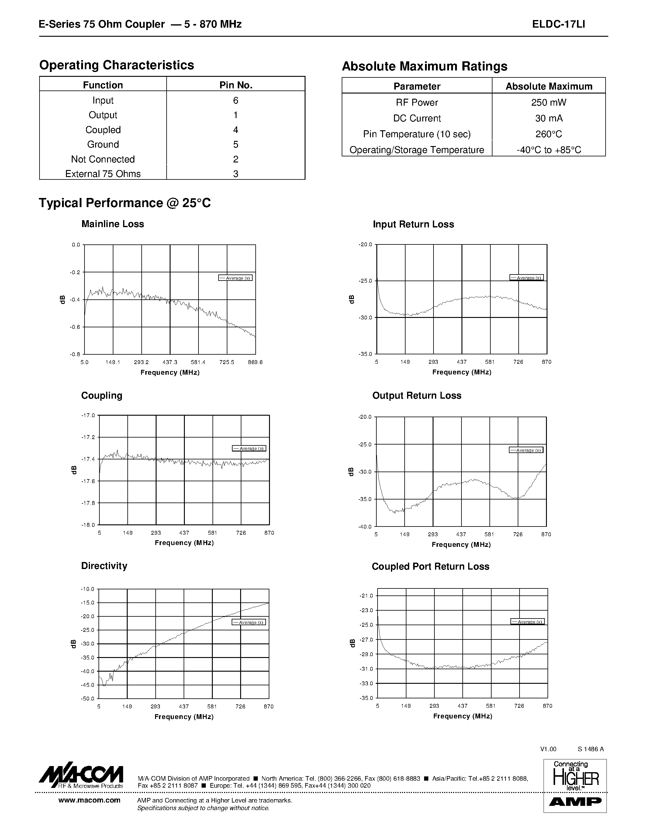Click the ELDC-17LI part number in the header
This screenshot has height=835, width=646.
[x=558, y=25]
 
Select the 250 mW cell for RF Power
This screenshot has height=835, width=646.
[x=548, y=102]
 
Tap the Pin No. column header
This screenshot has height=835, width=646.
[x=236, y=85]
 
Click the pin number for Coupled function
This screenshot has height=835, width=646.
[x=236, y=130]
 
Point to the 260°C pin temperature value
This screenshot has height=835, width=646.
[x=548, y=134]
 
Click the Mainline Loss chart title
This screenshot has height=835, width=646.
[x=112, y=224]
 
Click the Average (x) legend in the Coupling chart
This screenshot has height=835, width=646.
[x=249, y=448]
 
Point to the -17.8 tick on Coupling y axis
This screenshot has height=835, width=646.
[x=88, y=503]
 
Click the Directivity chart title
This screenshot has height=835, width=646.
[x=104, y=566]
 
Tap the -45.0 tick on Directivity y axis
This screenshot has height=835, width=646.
[x=87, y=685]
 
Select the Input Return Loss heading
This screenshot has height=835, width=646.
[x=413, y=224]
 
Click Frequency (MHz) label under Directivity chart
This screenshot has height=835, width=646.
[x=184, y=717]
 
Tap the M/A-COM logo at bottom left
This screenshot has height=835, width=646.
[x=81, y=776]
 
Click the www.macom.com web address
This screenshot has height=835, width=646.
[x=89, y=800]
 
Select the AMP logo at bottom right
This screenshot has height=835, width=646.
[x=575, y=802]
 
